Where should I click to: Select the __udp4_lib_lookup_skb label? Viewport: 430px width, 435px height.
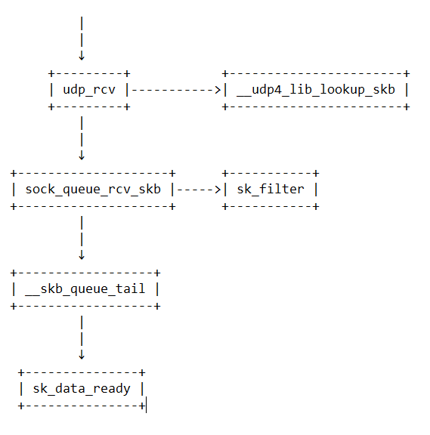coord(315,90)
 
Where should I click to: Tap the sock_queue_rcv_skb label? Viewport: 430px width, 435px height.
coord(92,189)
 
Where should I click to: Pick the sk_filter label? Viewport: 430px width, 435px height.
coord(270,189)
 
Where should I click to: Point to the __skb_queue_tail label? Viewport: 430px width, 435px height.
coord(85,288)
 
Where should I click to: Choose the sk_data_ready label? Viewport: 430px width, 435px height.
coord(81,388)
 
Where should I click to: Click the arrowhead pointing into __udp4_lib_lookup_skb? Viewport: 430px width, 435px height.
coord(218,90)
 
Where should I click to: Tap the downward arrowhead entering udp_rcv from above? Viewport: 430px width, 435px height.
coord(82,56)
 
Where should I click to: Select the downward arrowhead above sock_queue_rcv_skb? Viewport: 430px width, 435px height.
coord(82,156)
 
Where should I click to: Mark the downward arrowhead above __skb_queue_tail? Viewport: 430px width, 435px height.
coord(82,255)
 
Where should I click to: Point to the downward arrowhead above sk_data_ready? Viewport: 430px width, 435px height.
coord(82,354)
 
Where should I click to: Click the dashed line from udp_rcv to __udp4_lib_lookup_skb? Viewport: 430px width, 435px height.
coord(174,90)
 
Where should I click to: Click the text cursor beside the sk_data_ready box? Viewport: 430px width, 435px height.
coord(146,406)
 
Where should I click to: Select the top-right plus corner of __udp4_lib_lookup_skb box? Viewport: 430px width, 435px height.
coord(407,73)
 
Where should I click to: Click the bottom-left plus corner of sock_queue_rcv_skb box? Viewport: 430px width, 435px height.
coord(14,206)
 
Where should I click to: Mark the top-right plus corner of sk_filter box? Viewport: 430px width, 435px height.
coord(316,173)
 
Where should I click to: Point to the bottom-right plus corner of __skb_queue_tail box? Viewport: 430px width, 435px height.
coord(157,306)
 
